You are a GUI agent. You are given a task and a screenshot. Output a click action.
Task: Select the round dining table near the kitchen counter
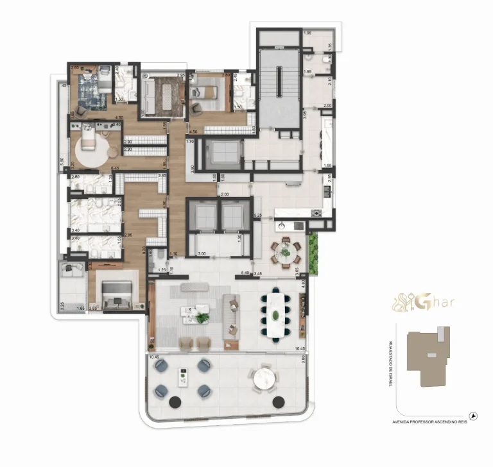coord(284,251)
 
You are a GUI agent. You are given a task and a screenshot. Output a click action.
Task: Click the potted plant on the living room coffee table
coord(203,316)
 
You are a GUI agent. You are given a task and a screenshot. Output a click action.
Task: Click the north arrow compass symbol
coord(474,416)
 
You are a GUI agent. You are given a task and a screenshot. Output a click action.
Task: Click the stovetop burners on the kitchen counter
coord(315,213)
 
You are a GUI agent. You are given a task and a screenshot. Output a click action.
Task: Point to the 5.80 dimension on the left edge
coord(62,162)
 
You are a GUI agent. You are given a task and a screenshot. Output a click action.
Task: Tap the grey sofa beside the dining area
coord(231,316)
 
